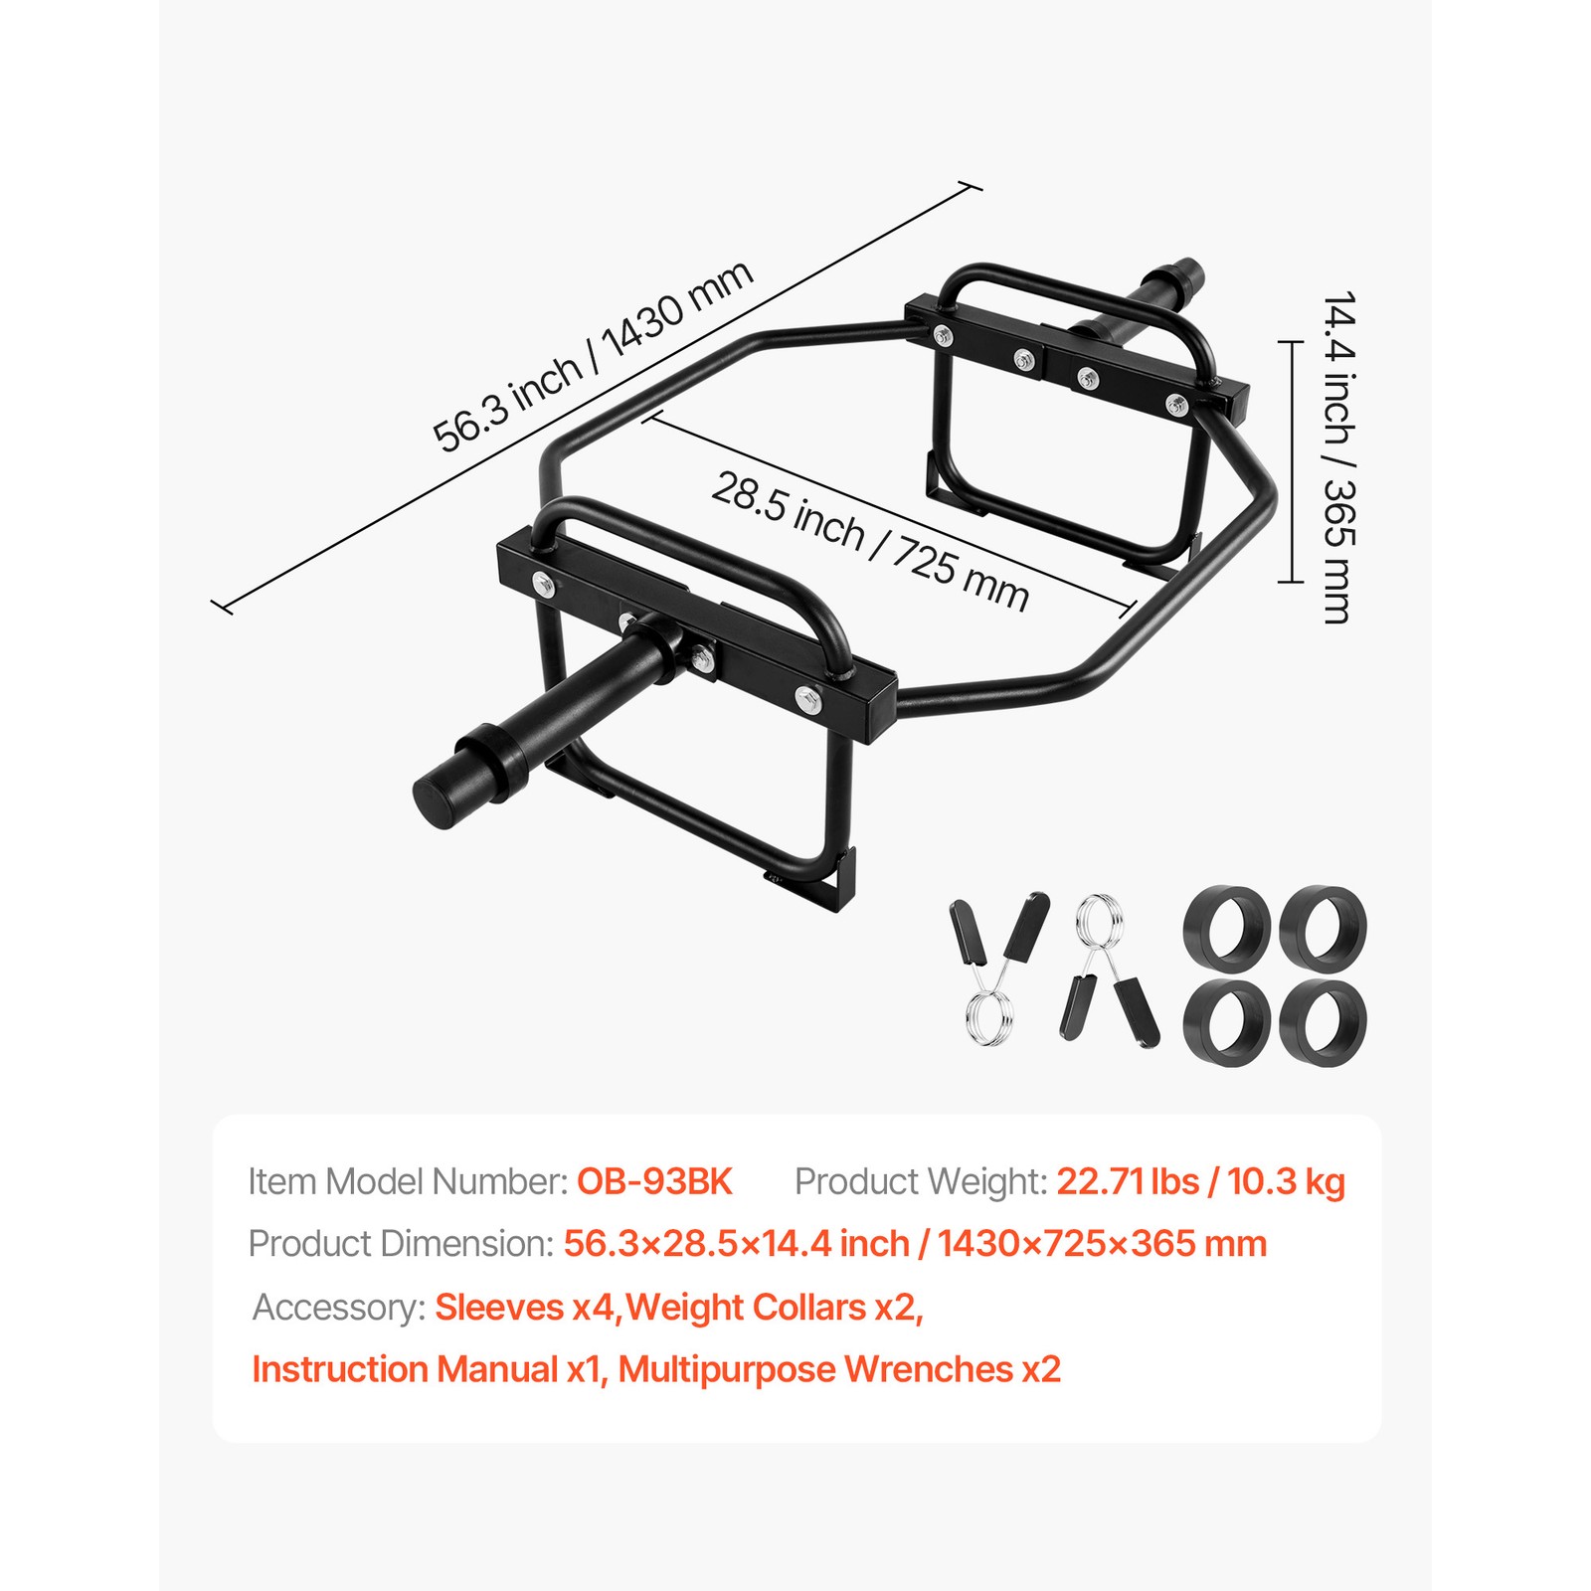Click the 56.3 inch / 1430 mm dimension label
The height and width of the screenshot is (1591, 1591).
(593, 356)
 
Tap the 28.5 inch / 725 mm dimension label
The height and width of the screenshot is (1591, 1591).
(870, 541)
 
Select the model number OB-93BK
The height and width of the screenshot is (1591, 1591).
(654, 1181)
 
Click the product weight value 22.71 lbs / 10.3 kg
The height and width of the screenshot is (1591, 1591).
(1200, 1181)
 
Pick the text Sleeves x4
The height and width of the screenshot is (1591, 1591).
(525, 1307)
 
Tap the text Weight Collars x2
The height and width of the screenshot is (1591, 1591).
(775, 1307)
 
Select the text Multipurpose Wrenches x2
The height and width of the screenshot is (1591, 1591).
(839, 1369)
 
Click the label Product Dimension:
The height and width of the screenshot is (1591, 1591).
(401, 1244)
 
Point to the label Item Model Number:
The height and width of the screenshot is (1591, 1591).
(408, 1181)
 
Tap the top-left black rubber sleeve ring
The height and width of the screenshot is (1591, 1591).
(1227, 926)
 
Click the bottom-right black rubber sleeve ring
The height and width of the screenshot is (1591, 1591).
(1323, 1023)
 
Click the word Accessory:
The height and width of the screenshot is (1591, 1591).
(339, 1307)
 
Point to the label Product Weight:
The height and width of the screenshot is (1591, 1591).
(921, 1181)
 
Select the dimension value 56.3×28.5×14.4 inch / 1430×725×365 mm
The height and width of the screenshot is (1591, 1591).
(915, 1244)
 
